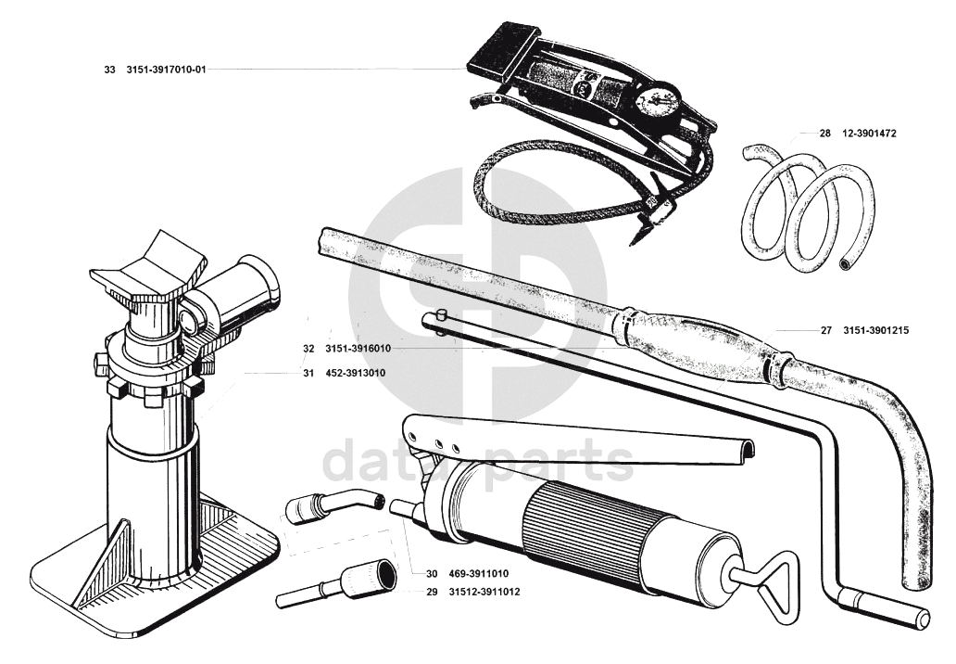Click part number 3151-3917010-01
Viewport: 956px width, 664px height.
coord(166,70)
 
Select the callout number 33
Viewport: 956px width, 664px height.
coord(110,70)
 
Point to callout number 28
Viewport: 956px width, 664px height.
coord(824,134)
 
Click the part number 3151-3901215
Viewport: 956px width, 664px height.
coord(874,329)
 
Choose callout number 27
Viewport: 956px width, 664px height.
coord(826,329)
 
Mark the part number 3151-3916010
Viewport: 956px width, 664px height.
coord(358,349)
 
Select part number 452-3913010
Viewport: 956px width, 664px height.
coord(356,373)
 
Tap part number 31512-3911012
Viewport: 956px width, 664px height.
coord(484,592)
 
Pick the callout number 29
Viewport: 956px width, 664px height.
coord(432,592)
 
